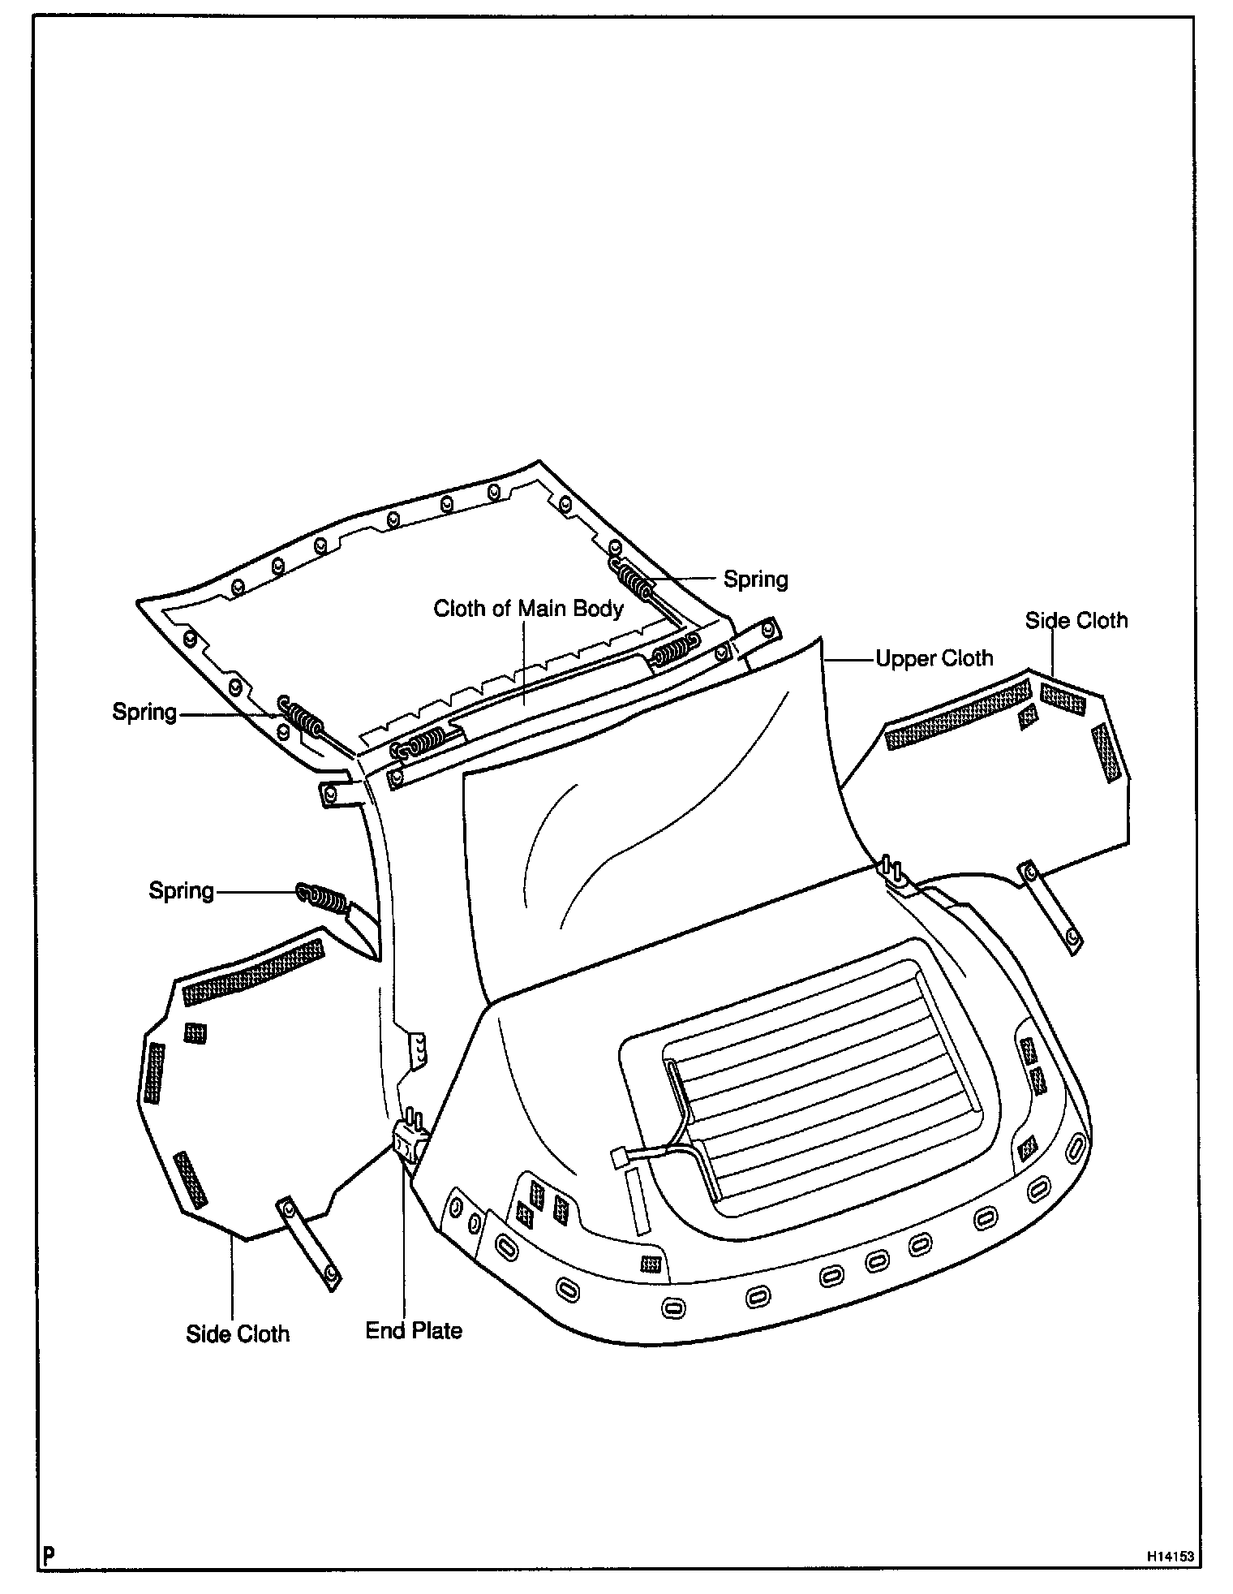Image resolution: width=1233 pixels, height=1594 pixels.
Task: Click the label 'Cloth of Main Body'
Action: pos(528,608)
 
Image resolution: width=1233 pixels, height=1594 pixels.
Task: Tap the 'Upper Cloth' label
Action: pos(934,658)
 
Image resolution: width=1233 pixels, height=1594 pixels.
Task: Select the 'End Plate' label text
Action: pos(414,1330)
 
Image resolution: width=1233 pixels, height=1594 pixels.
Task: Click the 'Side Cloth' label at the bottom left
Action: pos(238,1334)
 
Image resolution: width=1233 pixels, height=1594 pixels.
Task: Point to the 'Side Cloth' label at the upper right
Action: pos(1076,621)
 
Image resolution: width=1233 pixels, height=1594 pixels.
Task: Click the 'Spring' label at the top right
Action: pos(755,579)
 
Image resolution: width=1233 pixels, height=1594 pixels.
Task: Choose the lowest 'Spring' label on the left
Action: pos(181,890)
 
